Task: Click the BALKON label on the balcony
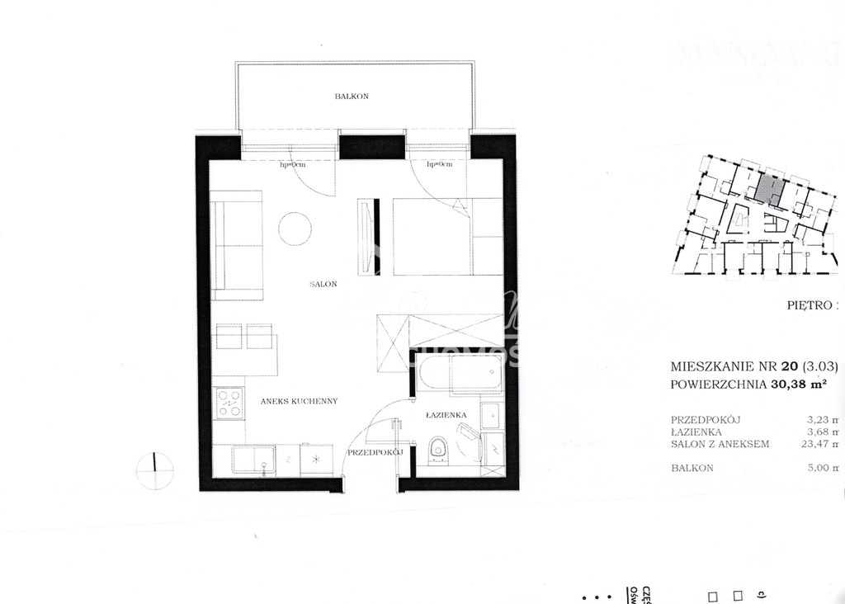pos(352,97)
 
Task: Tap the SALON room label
pos(324,284)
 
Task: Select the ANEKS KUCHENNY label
pos(298,401)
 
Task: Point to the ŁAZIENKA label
pos(447,415)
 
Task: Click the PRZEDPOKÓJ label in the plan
pos(374,453)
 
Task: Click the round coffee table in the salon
pos(295,229)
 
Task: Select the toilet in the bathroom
pos(437,451)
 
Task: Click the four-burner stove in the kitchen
pos(229,403)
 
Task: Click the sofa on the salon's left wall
pos(236,245)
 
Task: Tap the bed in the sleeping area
pos(446,236)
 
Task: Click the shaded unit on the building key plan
pos(771,190)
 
